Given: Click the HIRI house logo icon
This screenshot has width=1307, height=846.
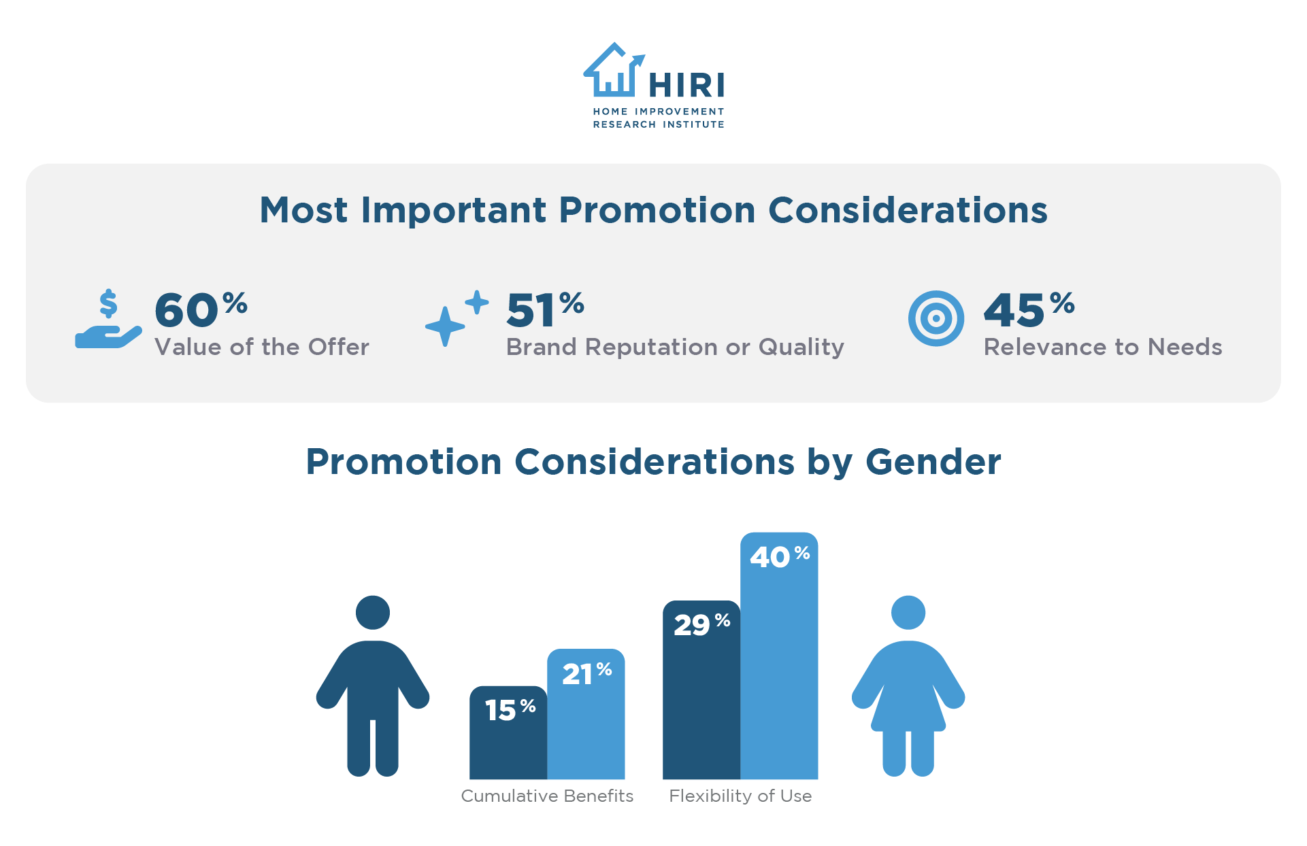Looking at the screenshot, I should tap(612, 71).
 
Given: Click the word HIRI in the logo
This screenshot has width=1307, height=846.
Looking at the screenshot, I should tap(686, 86).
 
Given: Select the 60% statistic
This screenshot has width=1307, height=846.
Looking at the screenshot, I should tap(200, 309).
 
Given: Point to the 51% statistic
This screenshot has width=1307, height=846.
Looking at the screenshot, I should tap(545, 309).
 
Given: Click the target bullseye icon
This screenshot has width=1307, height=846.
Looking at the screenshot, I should tap(936, 318).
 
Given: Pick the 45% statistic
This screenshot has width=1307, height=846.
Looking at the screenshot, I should tap(1028, 309).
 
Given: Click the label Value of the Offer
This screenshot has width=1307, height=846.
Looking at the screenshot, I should tap(262, 347).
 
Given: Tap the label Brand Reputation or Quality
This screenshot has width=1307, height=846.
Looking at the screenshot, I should tap(675, 347).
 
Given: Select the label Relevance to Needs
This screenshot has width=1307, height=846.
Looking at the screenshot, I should tap(1103, 347).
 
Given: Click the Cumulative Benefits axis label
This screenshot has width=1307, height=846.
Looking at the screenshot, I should tap(547, 796).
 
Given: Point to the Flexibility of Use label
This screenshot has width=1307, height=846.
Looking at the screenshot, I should tap(740, 796).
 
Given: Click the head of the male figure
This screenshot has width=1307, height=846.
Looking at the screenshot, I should tap(373, 612).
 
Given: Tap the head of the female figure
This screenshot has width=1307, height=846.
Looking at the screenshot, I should tap(908, 612).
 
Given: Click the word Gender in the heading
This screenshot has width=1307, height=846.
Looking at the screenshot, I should tap(933, 462).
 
